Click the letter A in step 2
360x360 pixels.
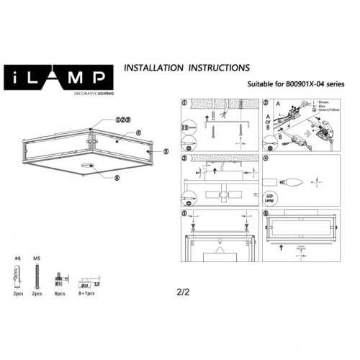(x=267, y=113)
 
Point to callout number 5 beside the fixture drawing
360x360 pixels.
(x=166, y=151)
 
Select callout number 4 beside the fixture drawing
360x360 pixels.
(x=137, y=132)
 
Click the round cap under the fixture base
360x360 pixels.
(x=88, y=168)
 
